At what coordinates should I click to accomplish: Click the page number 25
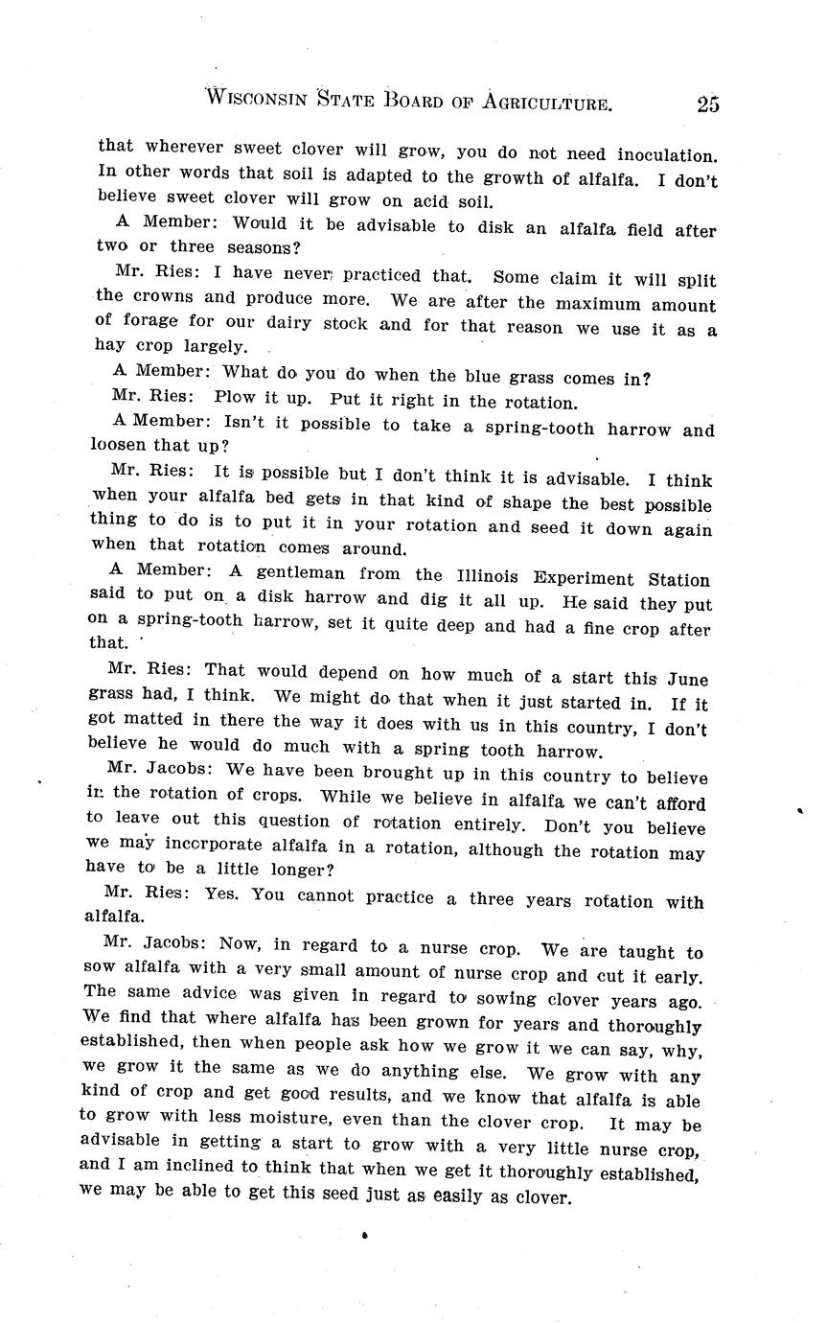pos(708,104)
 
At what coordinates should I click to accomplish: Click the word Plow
pos(235,398)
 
